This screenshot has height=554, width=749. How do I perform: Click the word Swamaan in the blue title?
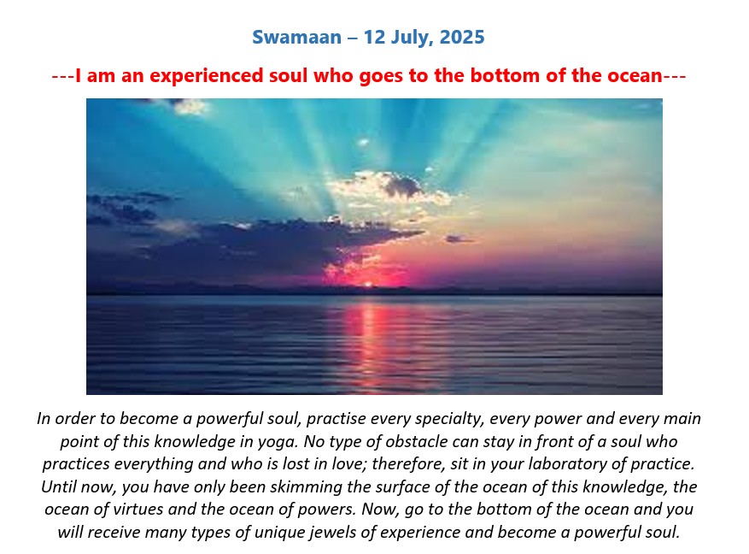296,38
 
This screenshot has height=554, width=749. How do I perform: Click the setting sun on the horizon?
368,285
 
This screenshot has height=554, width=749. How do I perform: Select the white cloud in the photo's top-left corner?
191,107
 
